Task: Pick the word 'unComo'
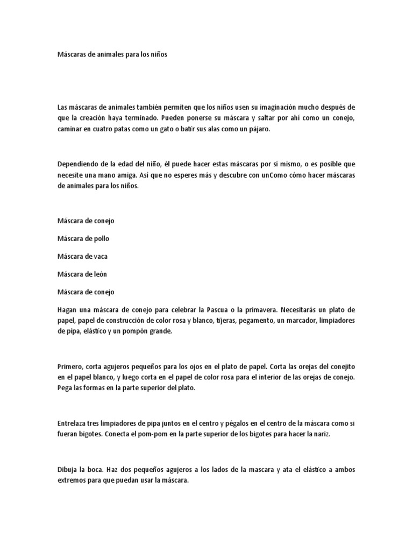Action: tap(270, 175)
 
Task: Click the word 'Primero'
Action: tap(69, 366)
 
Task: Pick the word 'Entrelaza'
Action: tap(72, 423)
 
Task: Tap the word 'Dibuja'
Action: tap(67, 470)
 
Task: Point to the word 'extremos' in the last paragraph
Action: tap(72, 481)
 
